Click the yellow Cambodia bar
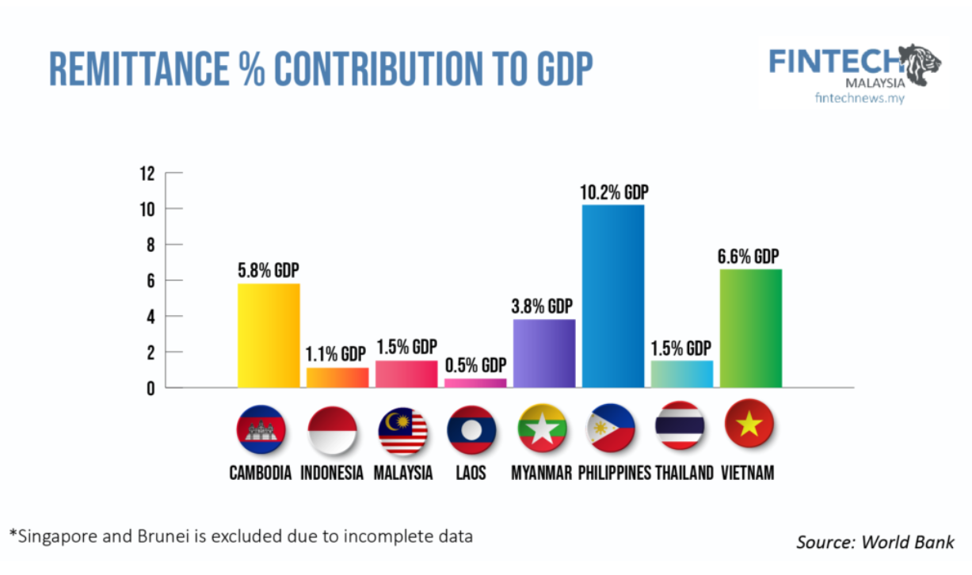click(269, 335)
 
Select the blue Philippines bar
click(612, 295)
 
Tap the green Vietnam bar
click(750, 328)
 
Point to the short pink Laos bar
click(475, 383)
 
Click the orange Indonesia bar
click(337, 378)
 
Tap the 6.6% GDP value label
click(749, 257)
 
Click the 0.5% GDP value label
click(475, 366)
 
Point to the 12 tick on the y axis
click(147, 173)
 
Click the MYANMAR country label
click(541, 473)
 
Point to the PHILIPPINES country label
click(614, 473)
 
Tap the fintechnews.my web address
click(860, 97)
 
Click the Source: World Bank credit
click(875, 543)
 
